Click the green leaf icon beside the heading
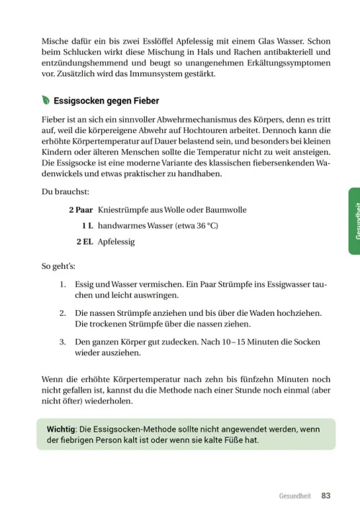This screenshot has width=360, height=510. click(x=47, y=101)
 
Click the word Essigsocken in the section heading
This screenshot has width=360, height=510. click(x=81, y=101)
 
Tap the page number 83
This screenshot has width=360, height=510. click(x=325, y=496)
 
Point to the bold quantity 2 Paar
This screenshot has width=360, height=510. click(x=80, y=210)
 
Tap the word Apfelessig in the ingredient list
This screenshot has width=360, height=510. click(x=116, y=242)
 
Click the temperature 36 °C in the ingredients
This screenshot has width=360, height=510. click(x=206, y=226)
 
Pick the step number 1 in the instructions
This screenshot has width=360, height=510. click(x=63, y=286)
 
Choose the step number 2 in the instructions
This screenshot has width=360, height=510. click(x=63, y=314)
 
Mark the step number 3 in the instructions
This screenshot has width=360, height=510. click(x=63, y=342)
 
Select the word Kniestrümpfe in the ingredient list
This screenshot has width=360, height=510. click(x=123, y=210)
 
